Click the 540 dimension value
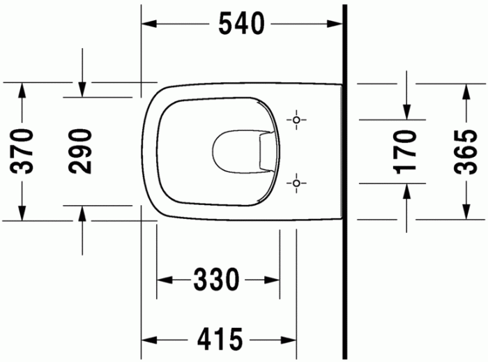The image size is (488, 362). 242,24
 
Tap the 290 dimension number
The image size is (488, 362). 82,151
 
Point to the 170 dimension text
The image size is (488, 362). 407,151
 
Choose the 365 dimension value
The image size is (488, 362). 466,151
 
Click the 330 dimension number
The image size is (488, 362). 216,280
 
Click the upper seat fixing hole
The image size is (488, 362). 297,121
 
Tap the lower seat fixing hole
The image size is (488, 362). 297,183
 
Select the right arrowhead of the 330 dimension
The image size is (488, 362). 274,280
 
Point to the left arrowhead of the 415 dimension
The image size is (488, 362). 148,340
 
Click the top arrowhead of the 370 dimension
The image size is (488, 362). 22,89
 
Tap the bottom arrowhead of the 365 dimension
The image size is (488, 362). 466,212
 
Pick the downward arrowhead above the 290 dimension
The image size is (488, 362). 82,90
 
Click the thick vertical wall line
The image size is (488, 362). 345,181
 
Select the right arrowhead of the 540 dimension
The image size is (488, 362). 337,24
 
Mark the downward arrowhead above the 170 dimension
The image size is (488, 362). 407,112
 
